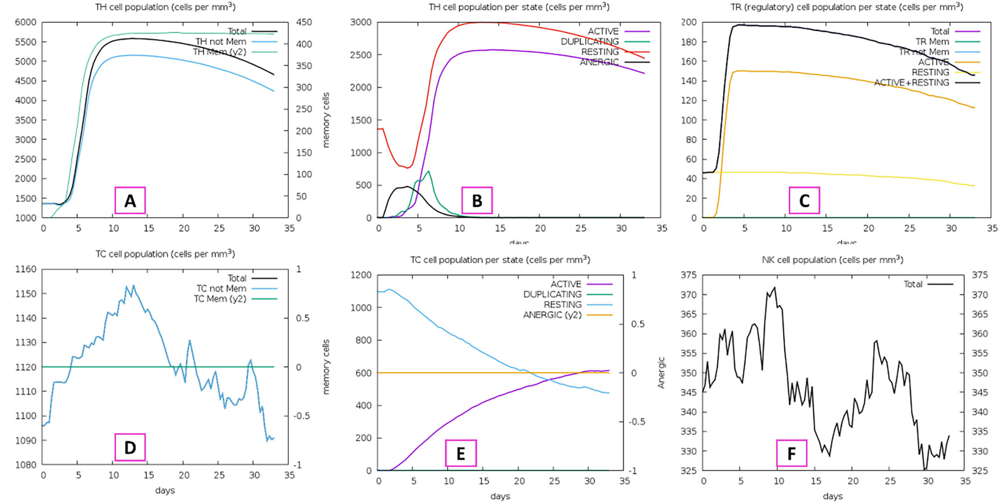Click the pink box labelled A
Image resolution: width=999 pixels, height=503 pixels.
130,201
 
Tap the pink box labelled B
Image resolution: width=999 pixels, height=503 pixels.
477,201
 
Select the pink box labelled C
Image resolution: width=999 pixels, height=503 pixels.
804,201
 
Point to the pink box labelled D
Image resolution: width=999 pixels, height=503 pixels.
130,447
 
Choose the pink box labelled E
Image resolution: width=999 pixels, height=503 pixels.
460,453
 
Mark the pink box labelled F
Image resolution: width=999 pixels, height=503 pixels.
792,453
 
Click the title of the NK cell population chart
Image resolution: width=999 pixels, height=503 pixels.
832,260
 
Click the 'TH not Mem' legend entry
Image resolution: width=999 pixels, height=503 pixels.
221,42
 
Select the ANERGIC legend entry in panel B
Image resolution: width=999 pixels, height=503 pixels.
599,62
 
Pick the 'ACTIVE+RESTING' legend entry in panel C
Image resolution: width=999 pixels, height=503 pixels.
911,83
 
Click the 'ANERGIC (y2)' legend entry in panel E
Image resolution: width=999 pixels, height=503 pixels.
552,315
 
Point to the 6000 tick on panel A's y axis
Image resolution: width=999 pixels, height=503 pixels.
25,22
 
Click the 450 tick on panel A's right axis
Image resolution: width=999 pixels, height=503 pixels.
304,22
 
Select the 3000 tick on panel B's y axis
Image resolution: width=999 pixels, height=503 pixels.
360,22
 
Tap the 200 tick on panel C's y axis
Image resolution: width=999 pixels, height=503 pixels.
689,22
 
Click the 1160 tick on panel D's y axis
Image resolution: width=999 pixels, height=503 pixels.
25,269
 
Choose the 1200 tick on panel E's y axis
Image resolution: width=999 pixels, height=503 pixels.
360,275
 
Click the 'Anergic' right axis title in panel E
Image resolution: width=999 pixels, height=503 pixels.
661,373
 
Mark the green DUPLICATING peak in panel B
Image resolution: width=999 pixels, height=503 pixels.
428,171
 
